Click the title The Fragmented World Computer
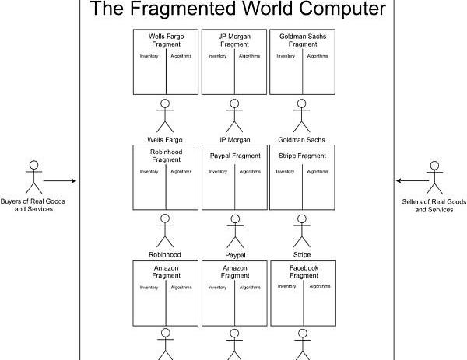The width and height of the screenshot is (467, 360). click(238, 9)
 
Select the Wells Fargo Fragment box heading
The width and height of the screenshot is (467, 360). click(166, 40)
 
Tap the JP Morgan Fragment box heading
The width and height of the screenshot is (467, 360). click(234, 40)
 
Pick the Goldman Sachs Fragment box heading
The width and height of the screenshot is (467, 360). click(302, 40)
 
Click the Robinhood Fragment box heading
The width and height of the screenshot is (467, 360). click(166, 155)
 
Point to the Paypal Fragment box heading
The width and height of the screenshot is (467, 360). click(235, 156)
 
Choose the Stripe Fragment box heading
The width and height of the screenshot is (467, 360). click(302, 156)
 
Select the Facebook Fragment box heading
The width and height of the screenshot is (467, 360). click(302, 271)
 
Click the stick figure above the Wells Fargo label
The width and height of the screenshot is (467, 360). click(166, 115)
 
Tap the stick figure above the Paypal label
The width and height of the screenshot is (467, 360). click(234, 230)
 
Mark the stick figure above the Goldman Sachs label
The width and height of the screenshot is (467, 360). click(302, 115)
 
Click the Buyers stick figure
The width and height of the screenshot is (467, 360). click(33, 177)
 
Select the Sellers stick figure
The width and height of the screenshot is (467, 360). click(434, 177)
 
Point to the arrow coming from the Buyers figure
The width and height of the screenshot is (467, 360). click(60, 181)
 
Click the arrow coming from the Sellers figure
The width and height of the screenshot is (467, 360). click(411, 181)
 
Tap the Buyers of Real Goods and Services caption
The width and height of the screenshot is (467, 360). click(33, 204)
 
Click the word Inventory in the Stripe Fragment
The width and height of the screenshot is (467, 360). click(285, 171)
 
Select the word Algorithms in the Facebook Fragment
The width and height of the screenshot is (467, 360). click(320, 286)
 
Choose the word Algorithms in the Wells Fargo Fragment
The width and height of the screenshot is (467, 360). click(181, 56)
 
